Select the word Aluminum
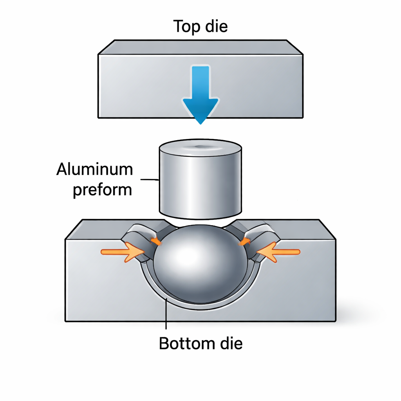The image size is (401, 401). coord(95,170)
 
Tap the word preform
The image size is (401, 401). coord(102,190)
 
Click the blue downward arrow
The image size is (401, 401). coord(200,92)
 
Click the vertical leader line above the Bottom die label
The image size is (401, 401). coord(167,317)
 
